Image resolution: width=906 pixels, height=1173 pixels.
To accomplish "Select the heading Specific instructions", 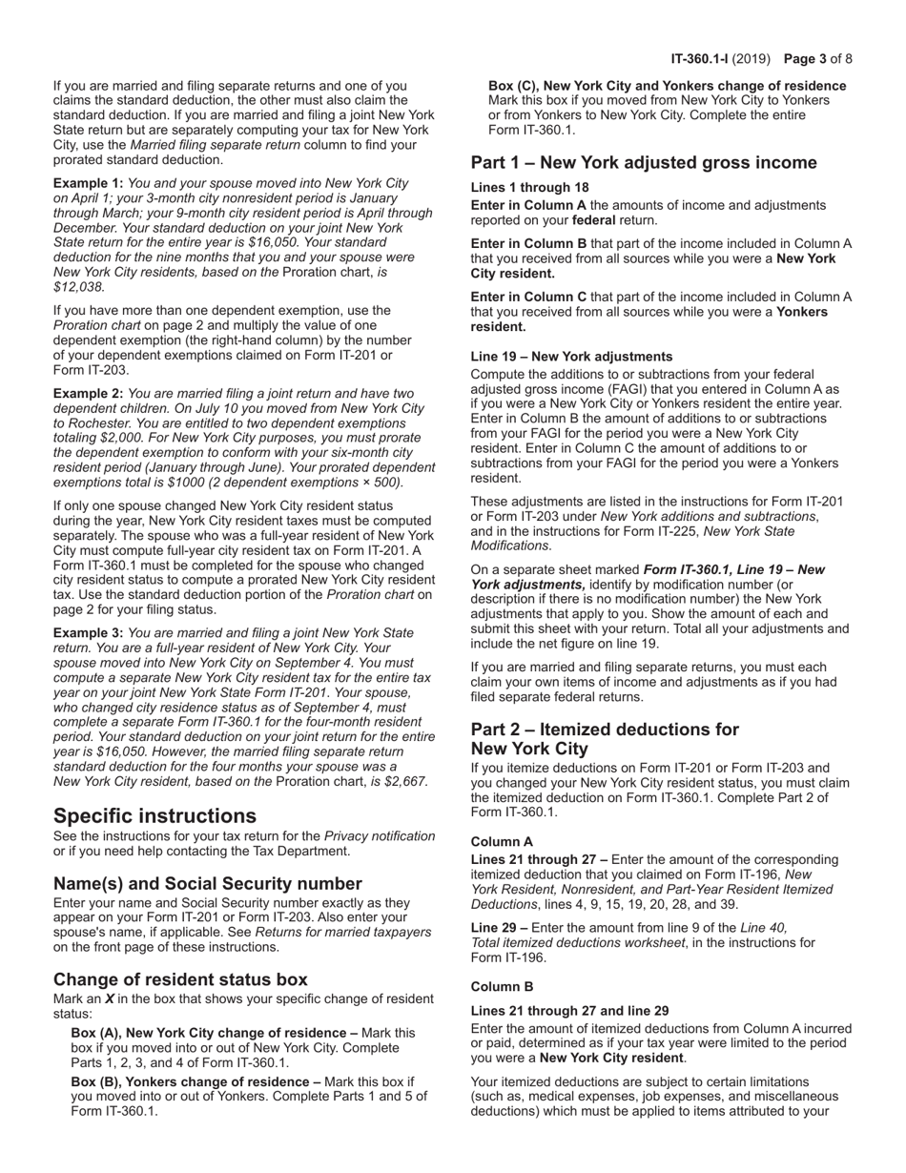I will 154,815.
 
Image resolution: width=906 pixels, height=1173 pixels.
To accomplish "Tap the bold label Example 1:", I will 88,182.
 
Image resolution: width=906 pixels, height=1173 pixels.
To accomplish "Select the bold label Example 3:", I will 88,632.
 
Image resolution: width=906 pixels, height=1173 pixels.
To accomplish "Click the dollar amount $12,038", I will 79,286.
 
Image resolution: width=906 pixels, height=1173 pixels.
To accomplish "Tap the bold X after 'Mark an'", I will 110,999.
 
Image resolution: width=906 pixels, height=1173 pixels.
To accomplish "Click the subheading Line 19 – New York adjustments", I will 571,357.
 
